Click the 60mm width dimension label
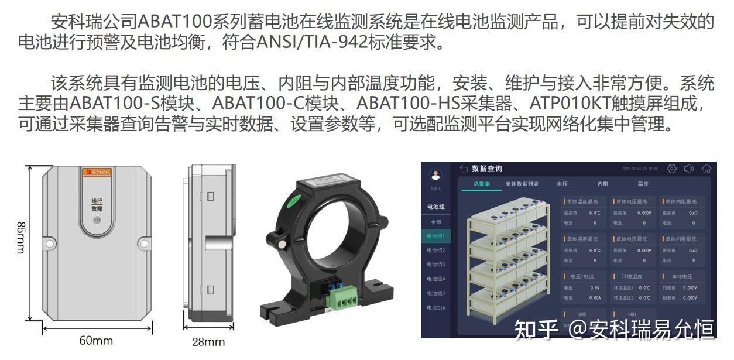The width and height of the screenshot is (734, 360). coord(96,340)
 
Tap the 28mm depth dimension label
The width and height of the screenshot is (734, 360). coord(208,342)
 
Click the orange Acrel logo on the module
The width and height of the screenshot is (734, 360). coord(97,172)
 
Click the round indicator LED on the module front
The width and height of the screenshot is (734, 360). coord(97,221)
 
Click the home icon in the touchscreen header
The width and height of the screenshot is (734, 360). coord(706,169)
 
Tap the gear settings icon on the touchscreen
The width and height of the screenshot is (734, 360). coord(671,169)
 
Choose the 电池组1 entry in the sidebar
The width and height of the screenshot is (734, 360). coord(435,236)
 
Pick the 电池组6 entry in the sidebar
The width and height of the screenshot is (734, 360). coord(435,307)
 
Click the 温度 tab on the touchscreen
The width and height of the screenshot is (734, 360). coord(643,184)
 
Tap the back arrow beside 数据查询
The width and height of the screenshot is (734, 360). coord(464,169)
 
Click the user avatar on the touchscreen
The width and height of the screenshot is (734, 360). coord(435,175)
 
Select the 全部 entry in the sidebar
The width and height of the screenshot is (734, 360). coord(435,222)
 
